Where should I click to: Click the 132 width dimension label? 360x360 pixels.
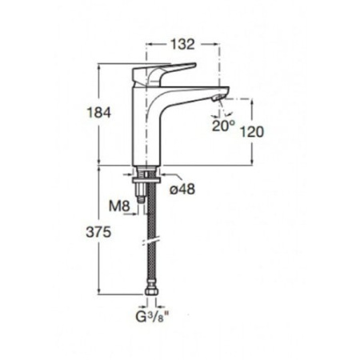(182, 44)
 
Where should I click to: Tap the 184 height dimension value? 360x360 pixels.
(98, 113)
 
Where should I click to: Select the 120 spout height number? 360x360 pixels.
(252, 131)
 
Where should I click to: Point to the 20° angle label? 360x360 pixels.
(223, 126)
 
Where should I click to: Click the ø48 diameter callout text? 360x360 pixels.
(182, 189)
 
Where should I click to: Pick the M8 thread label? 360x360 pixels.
(119, 206)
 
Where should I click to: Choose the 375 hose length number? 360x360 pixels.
(98, 232)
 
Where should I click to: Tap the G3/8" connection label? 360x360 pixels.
(153, 317)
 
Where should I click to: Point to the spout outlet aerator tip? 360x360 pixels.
(218, 98)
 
